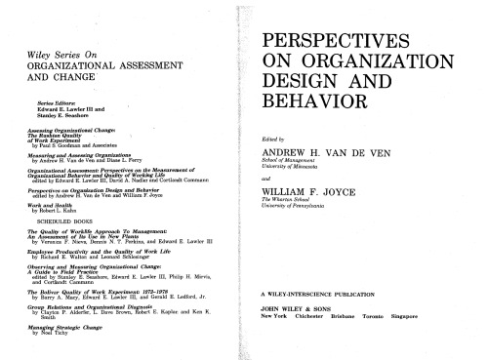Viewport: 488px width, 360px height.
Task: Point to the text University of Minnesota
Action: (x=299, y=171)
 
